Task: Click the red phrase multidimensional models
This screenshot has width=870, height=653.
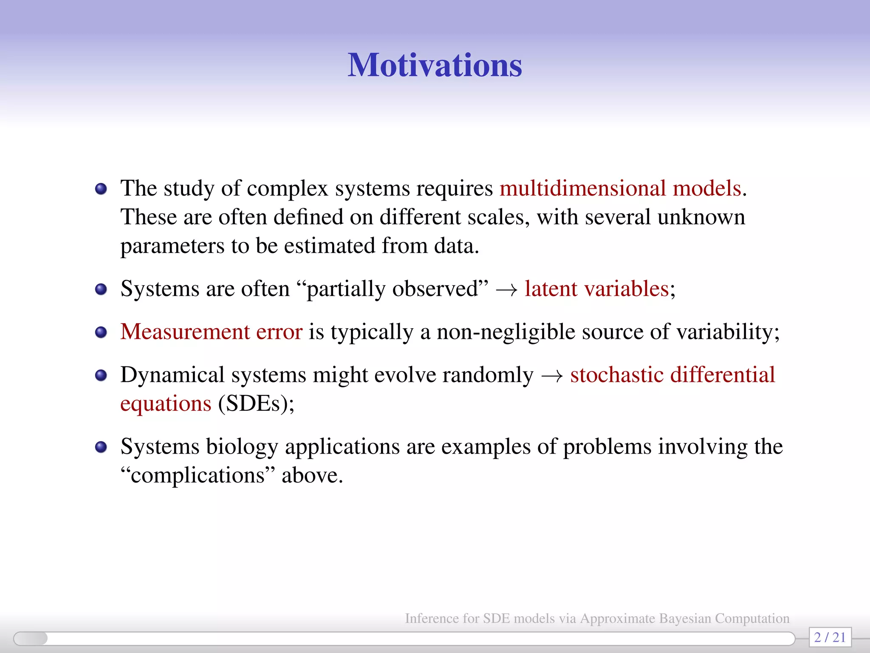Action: click(620, 188)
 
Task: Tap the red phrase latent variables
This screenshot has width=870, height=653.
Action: click(597, 289)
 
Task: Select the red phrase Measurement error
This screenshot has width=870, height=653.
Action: click(211, 332)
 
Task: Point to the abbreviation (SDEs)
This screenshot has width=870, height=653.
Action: click(256, 403)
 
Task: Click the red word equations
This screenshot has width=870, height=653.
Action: click(166, 403)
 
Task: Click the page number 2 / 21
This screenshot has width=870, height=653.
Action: click(830, 637)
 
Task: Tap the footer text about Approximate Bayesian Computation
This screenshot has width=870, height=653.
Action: click(597, 618)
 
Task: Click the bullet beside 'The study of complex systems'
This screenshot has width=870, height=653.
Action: click(101, 189)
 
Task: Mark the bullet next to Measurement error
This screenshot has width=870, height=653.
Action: click(101, 332)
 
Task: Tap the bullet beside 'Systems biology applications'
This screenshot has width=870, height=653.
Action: click(101, 447)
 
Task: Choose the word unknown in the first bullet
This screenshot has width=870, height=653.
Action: click(701, 217)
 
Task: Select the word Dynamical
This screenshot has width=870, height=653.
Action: click(172, 375)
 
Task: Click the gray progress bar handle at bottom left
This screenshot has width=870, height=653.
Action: click(31, 638)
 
